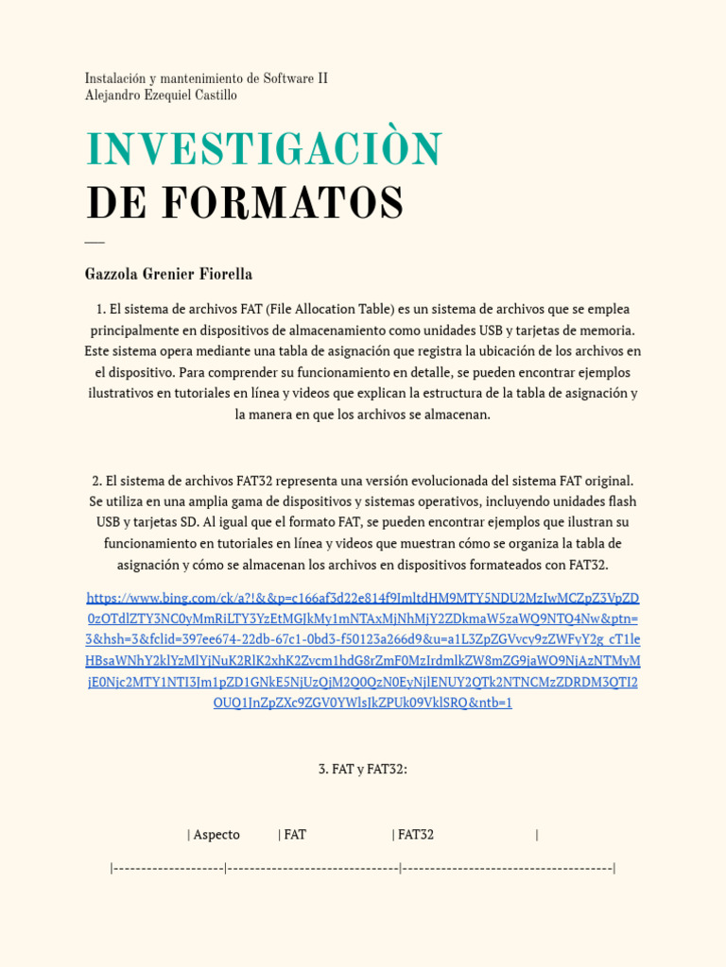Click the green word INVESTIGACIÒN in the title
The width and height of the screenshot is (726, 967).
264,150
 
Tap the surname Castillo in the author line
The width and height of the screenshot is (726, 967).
215,95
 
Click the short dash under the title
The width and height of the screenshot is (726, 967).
95,243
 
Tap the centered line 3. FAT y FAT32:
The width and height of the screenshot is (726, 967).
363,770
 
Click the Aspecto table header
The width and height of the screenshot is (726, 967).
216,835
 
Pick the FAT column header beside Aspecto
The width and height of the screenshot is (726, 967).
295,835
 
